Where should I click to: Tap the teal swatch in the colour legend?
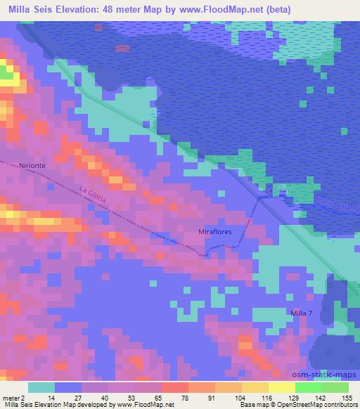(x=41, y=387)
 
